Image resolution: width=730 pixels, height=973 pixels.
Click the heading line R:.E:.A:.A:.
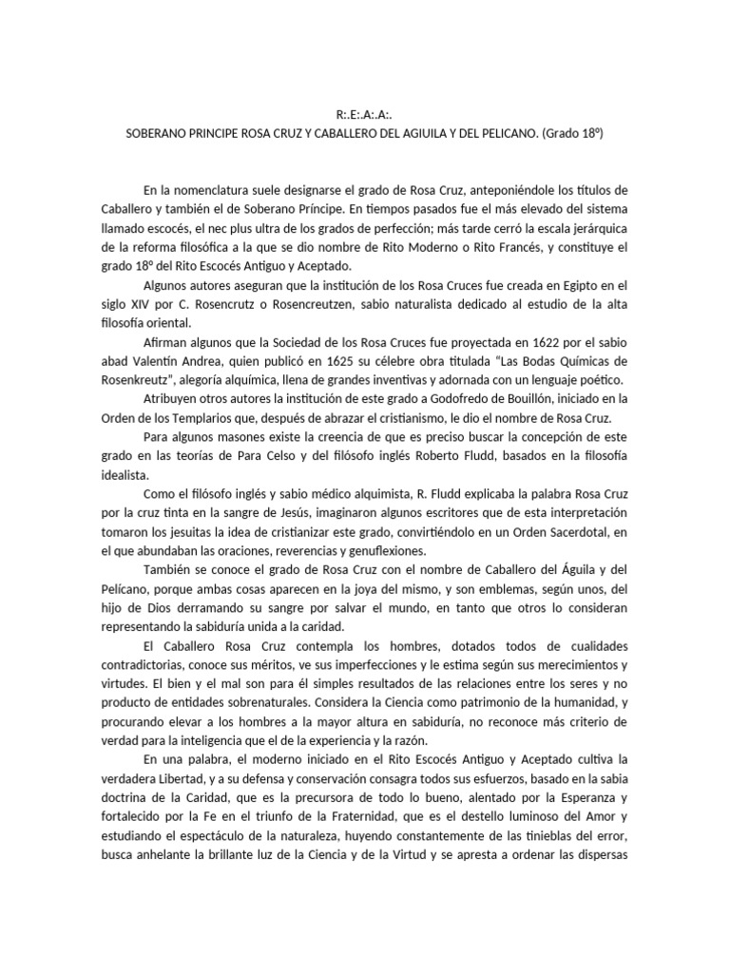tap(365, 118)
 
